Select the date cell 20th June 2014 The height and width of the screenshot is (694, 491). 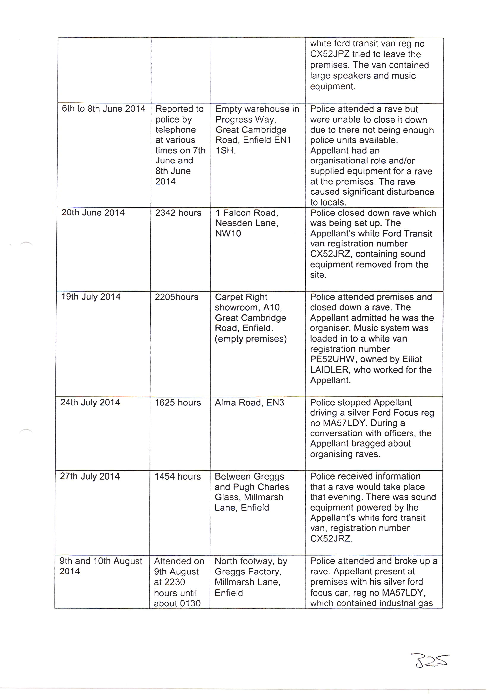click(93, 213)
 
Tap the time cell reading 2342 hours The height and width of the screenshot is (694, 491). click(178, 213)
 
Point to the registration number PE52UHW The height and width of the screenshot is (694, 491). click(330, 359)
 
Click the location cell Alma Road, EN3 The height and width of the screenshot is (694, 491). click(249, 403)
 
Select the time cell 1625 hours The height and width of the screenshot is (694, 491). click(178, 403)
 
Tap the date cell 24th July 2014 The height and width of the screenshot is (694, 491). click(90, 403)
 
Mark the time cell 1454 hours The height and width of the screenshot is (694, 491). click(178, 477)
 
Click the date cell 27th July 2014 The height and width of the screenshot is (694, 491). click(90, 476)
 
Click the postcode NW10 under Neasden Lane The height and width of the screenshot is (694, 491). click(228, 234)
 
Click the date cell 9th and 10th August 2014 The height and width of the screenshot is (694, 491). click(101, 566)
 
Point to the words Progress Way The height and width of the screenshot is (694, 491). click(245, 120)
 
